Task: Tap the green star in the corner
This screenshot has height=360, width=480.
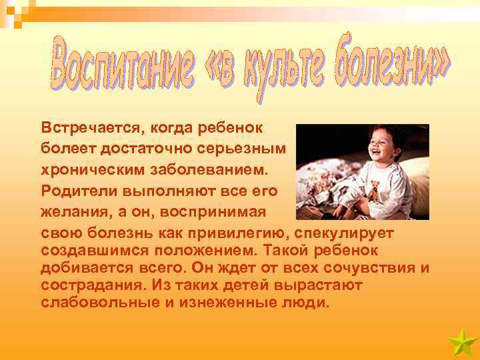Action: pyautogui.click(x=461, y=343)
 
